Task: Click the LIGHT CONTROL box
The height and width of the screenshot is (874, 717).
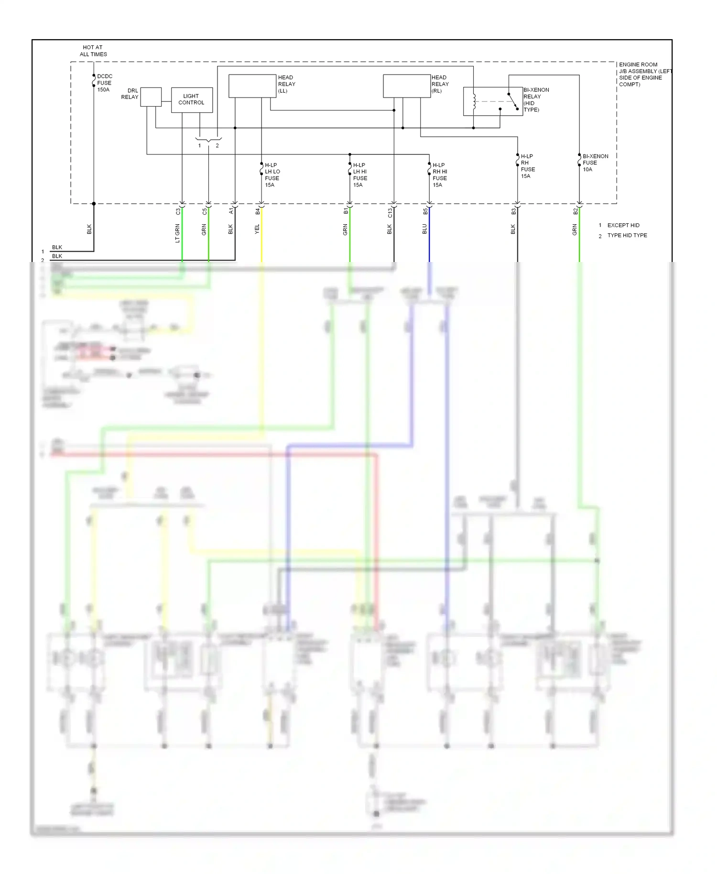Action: point(192,100)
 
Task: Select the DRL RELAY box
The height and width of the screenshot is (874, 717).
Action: point(151,97)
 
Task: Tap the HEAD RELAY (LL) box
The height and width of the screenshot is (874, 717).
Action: point(252,86)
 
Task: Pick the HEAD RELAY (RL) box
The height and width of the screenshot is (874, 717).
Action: point(407,86)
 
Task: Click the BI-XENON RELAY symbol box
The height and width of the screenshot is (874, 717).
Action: point(492,101)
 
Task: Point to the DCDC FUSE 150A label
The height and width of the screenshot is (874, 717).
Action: point(104,83)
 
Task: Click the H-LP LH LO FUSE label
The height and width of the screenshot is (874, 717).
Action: point(272,175)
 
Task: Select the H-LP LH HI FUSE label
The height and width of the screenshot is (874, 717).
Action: point(360,175)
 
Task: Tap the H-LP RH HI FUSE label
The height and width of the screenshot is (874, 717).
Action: point(439,175)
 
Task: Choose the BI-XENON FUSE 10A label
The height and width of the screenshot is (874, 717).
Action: point(595,163)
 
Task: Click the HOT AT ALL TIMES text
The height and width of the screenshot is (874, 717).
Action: point(93,51)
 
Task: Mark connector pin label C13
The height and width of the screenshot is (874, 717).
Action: point(390,213)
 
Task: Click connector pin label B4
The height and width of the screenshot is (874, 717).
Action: point(258,211)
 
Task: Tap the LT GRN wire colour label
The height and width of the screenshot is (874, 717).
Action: point(177,233)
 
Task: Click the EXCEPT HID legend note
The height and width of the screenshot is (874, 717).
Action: point(622,225)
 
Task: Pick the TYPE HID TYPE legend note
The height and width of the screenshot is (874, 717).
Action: point(626,235)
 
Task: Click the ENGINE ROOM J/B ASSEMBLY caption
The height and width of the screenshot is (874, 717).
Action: point(643,74)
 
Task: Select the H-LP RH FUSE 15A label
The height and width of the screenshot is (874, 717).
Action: point(527,166)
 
